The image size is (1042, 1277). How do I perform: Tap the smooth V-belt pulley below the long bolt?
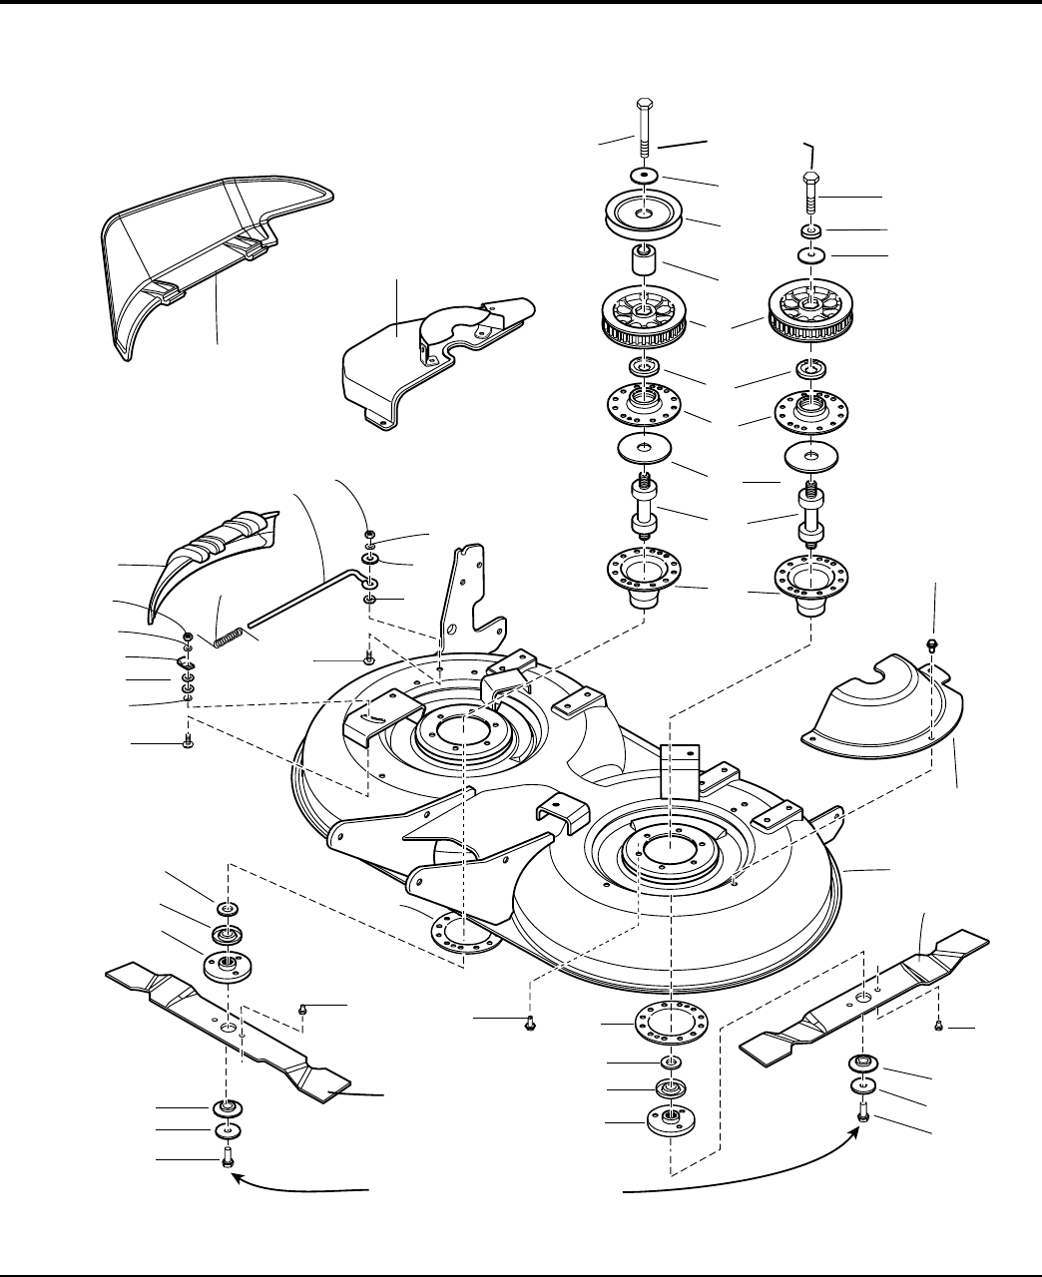click(644, 216)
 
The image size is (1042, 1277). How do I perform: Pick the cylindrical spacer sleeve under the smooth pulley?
click(644, 263)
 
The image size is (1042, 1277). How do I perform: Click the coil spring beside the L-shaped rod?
click(232, 635)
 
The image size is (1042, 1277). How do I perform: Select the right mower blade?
click(864, 997)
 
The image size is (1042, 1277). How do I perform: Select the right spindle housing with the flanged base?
click(809, 584)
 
